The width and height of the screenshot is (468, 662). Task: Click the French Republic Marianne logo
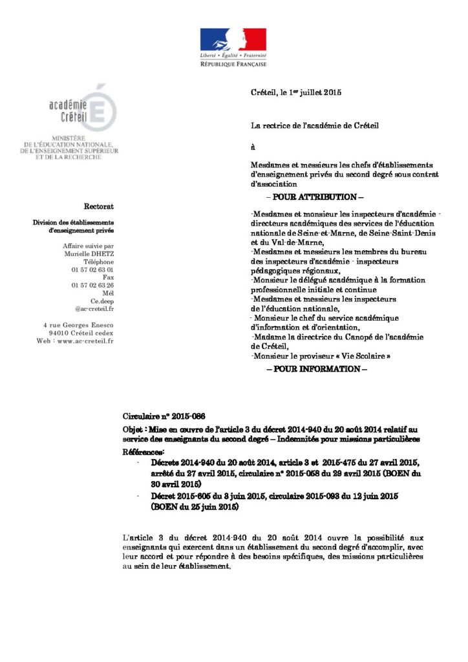coord(233,40)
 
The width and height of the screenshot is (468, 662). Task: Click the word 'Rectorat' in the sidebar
coord(99,206)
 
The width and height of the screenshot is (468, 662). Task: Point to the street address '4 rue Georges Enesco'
coord(78,324)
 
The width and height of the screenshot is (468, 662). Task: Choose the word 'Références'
coord(144,451)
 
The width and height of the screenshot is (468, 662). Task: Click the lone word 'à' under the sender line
coord(253,147)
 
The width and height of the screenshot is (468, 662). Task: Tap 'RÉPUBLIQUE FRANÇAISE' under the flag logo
coord(233,64)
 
